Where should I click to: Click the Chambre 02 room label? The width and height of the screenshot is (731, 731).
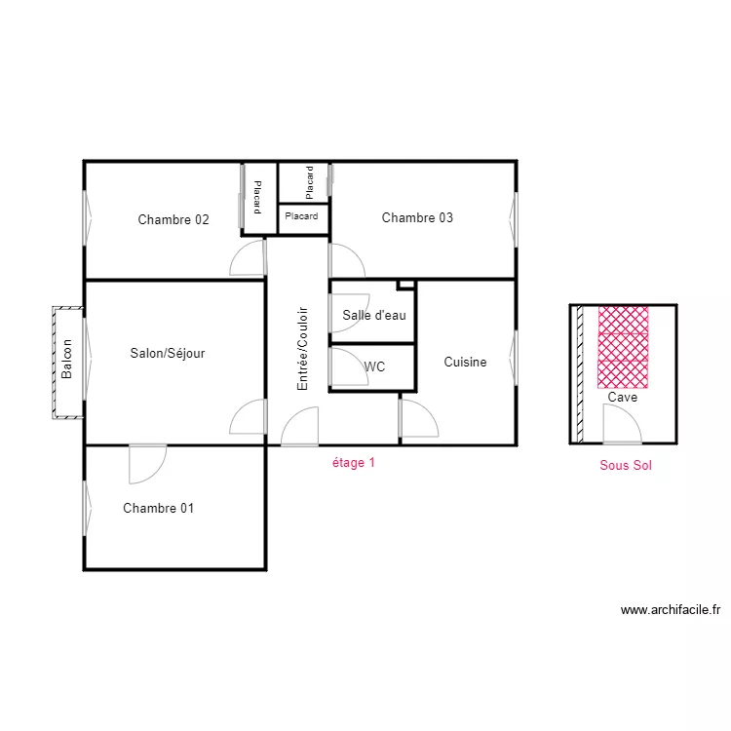click(x=173, y=219)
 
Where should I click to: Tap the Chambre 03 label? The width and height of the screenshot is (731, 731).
click(x=417, y=217)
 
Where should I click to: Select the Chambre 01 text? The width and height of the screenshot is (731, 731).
click(x=159, y=508)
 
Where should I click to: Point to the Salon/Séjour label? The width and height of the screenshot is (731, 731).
click(x=168, y=354)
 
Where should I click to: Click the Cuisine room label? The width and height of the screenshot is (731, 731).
click(x=465, y=362)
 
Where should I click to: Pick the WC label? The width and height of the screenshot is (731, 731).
click(x=374, y=366)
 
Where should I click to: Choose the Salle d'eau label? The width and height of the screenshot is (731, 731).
click(x=374, y=315)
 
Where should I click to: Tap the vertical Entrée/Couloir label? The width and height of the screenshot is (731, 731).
click(x=302, y=348)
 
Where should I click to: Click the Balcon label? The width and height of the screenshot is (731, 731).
click(x=66, y=359)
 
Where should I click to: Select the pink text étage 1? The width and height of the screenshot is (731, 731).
click(x=354, y=462)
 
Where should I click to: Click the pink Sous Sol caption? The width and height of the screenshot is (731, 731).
click(x=626, y=465)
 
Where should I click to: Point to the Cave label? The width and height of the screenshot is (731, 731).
click(x=623, y=398)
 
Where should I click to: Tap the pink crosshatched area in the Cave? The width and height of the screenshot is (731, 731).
click(x=623, y=347)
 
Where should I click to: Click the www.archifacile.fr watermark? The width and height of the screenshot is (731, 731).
click(x=671, y=610)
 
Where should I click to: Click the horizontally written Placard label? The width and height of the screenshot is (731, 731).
click(x=301, y=216)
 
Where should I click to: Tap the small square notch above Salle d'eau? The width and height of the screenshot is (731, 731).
click(x=405, y=285)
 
